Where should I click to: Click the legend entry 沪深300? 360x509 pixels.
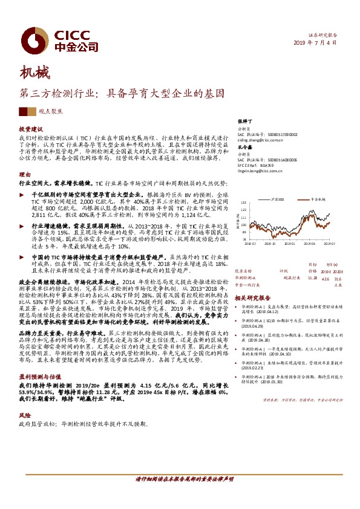pyautogui.click(x=278, y=198)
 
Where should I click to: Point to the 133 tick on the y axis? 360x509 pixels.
pyautogui.click(x=244, y=203)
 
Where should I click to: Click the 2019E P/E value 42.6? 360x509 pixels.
pyautogui.click(x=325, y=261)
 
